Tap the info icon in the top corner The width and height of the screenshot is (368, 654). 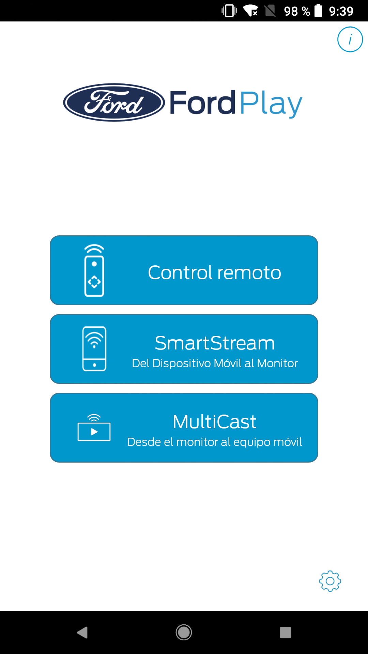coord(350,40)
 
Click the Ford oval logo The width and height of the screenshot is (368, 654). coord(114,103)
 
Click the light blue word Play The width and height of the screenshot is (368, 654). coord(271,104)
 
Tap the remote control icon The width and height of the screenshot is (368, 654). coord(94,270)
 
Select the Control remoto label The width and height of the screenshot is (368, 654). coord(215,272)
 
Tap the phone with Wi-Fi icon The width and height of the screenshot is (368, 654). coord(94,349)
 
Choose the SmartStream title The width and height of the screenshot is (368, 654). coord(215,343)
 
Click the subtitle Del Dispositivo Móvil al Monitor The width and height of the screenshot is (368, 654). coord(215,363)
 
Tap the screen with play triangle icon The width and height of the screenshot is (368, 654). coord(94,428)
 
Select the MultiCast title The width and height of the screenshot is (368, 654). coord(215,422)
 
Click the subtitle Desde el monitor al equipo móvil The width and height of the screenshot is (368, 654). coord(215,442)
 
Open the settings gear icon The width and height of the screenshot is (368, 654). coord(330,581)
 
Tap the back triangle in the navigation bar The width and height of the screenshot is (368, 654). coord(82,633)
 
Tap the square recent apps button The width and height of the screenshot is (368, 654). coord(286,633)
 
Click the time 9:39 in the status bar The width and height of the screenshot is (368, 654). coord(341,11)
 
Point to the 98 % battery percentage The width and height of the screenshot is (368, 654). coord(297,11)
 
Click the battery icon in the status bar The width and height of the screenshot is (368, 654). coord(318,11)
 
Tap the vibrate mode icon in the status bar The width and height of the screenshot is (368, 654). coord(229,11)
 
